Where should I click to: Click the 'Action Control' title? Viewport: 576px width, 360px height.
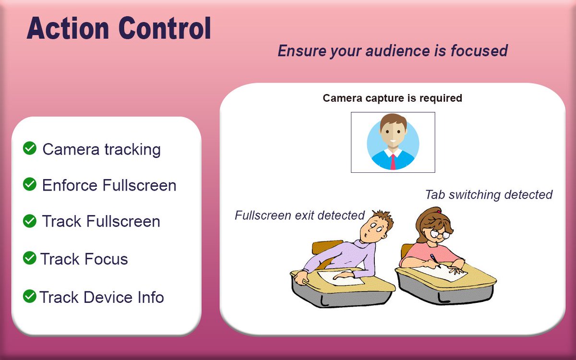tap(119, 29)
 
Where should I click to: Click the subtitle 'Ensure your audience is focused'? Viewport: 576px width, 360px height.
tap(392, 51)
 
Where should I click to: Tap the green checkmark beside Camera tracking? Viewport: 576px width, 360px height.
tap(30, 148)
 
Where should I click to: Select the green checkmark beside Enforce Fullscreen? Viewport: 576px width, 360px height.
tap(30, 184)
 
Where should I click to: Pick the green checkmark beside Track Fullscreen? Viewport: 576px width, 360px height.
tap(30, 221)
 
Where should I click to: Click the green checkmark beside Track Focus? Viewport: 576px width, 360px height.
tap(30, 258)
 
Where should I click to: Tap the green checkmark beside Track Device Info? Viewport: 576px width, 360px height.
tap(30, 296)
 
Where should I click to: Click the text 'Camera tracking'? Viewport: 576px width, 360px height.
tap(101, 149)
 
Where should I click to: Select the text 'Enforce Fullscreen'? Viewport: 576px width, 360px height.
tap(109, 185)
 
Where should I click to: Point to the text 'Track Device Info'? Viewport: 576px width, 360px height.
tap(101, 297)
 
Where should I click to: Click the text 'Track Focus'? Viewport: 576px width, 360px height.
tap(84, 259)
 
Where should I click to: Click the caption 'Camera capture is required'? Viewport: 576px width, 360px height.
tap(392, 98)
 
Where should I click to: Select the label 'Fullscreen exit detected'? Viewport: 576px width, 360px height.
tap(300, 216)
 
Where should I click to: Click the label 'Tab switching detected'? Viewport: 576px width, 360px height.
tap(489, 195)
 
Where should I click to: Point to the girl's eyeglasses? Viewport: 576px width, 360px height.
tap(439, 235)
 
